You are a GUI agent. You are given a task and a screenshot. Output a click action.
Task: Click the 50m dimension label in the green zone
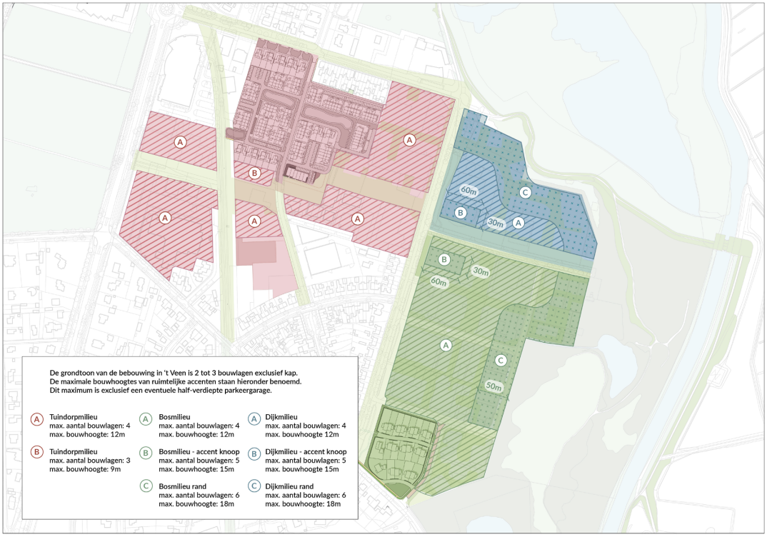point(492,386)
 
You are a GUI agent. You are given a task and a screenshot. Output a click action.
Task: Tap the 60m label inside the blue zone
point(468,191)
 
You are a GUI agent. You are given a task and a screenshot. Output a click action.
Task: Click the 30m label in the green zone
point(479,272)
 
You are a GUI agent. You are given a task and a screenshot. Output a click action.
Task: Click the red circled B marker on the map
point(254,172)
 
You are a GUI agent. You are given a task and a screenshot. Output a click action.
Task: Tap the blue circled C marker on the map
point(525,192)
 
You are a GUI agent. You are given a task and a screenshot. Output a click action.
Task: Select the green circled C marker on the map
point(501,360)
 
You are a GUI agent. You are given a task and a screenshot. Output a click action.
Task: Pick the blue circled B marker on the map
point(461,213)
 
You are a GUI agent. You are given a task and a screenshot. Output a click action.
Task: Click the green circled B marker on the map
point(443,259)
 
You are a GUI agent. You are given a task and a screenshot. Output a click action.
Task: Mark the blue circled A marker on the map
point(519,222)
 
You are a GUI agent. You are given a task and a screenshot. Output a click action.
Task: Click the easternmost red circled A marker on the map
point(409,139)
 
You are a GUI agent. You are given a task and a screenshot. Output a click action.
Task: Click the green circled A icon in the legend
point(146,419)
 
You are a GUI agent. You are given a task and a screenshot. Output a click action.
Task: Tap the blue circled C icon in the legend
point(255,486)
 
